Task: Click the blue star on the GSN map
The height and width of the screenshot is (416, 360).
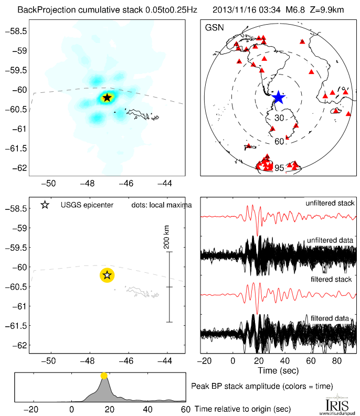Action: tap(278, 98)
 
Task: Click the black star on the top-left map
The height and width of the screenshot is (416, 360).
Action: tap(107, 97)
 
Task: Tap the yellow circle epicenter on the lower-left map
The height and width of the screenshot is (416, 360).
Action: tap(107, 274)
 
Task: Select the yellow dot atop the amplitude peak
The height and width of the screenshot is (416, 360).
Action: tap(104, 376)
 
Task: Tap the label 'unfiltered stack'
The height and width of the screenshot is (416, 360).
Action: tap(330, 203)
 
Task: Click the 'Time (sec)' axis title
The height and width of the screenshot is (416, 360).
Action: tap(279, 370)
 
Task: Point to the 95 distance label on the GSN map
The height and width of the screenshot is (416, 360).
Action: tap(279, 168)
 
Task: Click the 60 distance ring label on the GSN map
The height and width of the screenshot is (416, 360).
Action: tap(279, 141)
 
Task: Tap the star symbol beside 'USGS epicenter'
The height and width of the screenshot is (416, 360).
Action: tap(45, 205)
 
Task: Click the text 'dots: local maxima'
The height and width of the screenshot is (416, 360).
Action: tap(161, 205)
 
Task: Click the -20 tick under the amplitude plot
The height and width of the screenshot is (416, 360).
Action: tap(33, 409)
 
